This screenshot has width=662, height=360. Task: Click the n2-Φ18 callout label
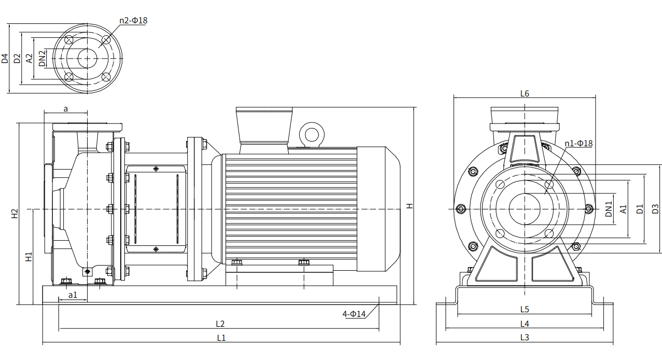[133, 21]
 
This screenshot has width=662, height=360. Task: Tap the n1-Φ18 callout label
[579, 143]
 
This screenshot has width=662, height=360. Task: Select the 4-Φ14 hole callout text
[354, 314]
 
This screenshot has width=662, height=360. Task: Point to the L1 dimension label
[221, 338]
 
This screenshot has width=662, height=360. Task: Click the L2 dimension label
[220, 324]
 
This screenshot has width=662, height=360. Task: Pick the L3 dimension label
[524, 337]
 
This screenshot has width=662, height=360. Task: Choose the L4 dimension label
[524, 324]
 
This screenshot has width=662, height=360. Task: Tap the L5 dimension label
[524, 310]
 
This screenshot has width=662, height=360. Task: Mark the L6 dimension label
[524, 94]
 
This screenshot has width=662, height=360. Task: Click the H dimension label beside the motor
[410, 206]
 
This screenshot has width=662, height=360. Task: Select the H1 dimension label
[29, 256]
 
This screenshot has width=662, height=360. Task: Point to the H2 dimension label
[15, 213]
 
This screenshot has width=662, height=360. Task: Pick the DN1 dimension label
[609, 209]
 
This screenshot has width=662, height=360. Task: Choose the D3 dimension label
[655, 209]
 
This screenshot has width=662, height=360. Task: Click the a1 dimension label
[73, 295]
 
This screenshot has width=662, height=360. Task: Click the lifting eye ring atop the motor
[312, 134]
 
